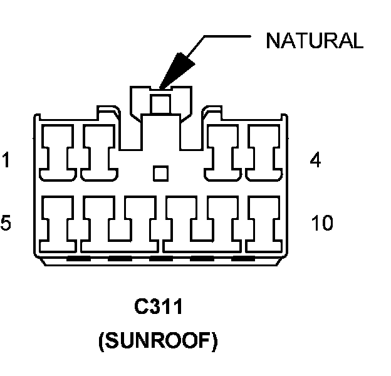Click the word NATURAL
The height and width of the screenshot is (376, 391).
(315, 40)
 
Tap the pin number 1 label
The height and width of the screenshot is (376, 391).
(6, 160)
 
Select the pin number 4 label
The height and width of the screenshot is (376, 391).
(315, 160)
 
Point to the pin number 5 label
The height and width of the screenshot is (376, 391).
(6, 222)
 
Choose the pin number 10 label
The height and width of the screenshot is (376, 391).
(322, 222)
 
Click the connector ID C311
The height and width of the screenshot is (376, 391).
(159, 306)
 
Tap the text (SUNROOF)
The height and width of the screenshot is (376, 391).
(159, 341)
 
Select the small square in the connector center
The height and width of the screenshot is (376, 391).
(160, 174)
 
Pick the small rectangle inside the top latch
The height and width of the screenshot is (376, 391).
(160, 104)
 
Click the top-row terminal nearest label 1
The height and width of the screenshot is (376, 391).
(58, 153)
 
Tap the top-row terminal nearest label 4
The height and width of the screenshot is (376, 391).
(264, 153)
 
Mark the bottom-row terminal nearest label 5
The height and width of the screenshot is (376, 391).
(58, 224)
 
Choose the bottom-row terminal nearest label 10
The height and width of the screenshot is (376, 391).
(264, 224)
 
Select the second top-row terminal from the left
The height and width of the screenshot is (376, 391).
(99, 153)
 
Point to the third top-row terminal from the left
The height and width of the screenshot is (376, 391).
(222, 153)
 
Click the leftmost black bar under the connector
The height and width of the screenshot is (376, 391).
(78, 259)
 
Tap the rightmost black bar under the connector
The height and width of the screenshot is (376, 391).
(243, 259)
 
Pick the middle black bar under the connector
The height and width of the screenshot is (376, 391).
(161, 259)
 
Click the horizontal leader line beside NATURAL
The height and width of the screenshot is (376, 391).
(227, 36)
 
